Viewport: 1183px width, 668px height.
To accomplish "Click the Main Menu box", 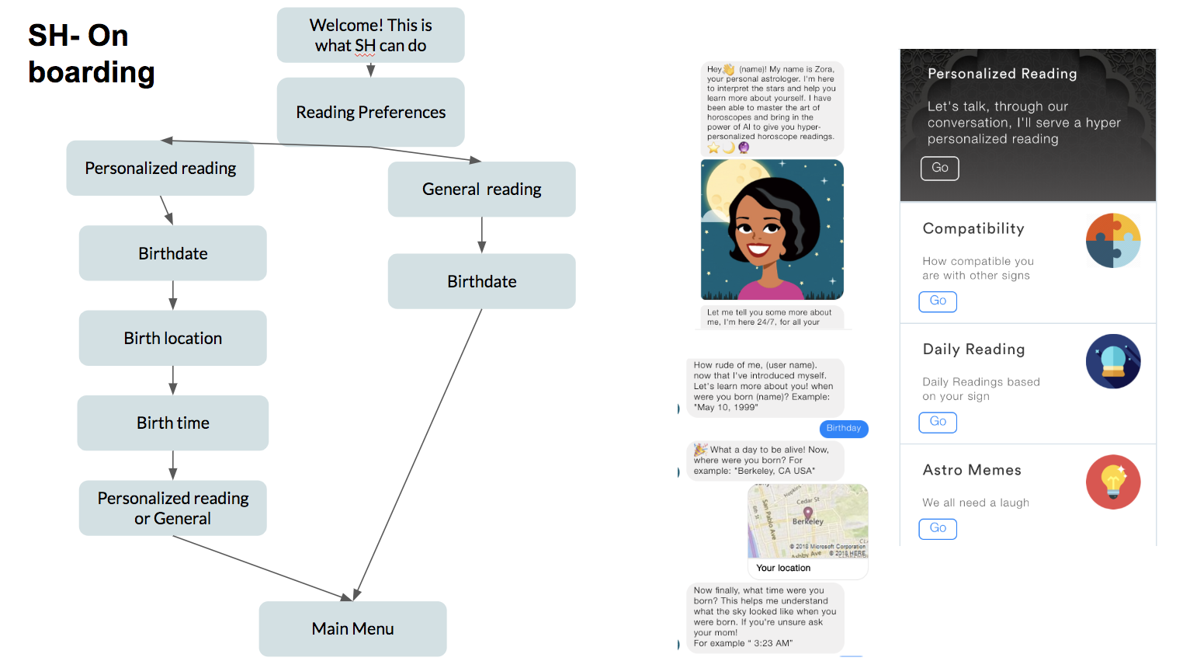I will (352, 628).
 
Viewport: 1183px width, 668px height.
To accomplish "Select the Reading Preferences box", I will (370, 112).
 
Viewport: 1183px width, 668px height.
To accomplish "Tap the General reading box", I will (481, 189).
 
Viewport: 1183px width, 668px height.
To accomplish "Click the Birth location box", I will (172, 338).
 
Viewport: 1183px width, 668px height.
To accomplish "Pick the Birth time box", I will (172, 423).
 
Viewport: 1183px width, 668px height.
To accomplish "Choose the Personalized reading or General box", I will (172, 508).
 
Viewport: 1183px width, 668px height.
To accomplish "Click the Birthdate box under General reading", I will (481, 281).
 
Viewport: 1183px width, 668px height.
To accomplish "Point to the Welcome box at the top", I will (370, 35).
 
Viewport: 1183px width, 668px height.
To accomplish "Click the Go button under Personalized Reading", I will (939, 168).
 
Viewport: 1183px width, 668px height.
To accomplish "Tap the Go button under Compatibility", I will (938, 301).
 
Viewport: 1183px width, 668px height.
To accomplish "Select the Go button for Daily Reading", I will (938, 422).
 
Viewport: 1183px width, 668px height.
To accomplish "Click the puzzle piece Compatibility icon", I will (1112, 241).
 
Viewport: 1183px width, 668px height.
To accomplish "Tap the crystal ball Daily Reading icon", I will (1112, 361).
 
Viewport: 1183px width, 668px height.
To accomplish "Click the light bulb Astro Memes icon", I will (1112, 482).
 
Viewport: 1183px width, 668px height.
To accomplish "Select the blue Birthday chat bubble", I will (844, 428).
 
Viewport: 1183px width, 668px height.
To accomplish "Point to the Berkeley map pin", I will (807, 513).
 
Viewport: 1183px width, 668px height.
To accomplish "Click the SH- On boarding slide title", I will (91, 54).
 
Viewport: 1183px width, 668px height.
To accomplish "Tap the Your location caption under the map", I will (783, 568).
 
